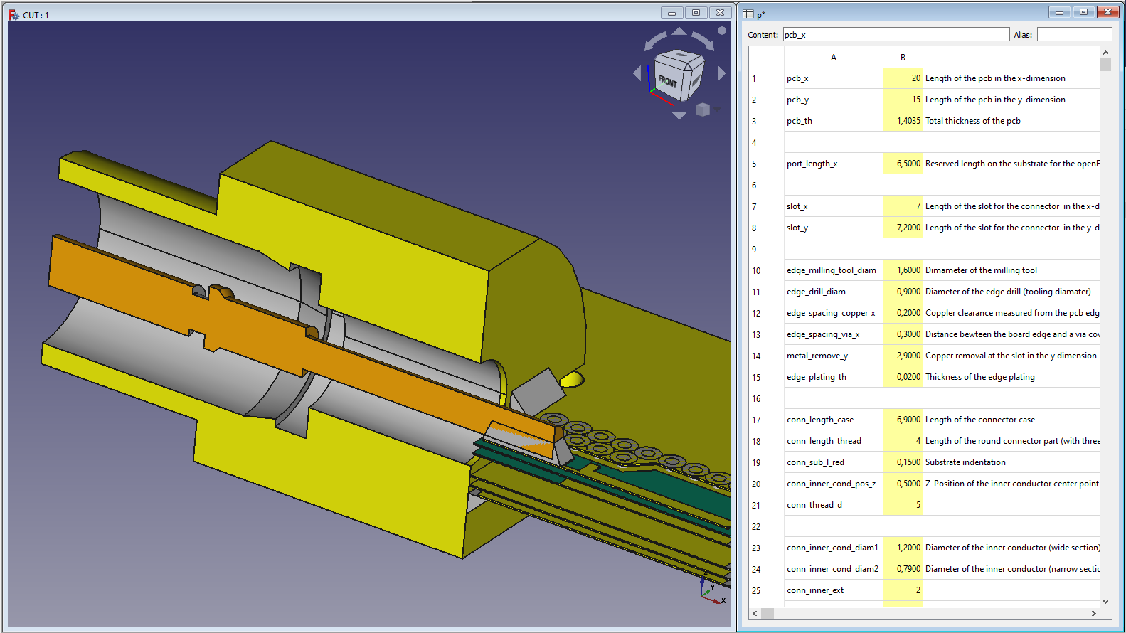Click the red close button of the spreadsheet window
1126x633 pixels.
coord(1108,12)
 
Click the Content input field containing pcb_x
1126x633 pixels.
coord(896,35)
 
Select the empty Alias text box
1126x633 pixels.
coord(1074,35)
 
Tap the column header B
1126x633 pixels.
coord(903,58)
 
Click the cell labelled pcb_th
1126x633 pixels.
coord(834,121)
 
